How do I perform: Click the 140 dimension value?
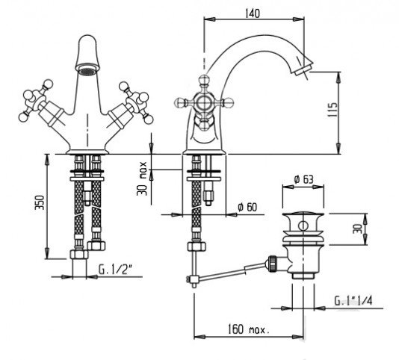[253, 13]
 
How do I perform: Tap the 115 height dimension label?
[332, 110]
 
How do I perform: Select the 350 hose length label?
[40, 202]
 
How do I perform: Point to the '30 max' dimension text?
[142, 179]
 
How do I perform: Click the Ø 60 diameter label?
[247, 207]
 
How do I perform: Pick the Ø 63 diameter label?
[303, 179]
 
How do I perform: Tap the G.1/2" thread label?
[115, 270]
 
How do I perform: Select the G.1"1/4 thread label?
[353, 301]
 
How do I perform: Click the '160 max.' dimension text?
[248, 329]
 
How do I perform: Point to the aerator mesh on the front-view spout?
[87, 71]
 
